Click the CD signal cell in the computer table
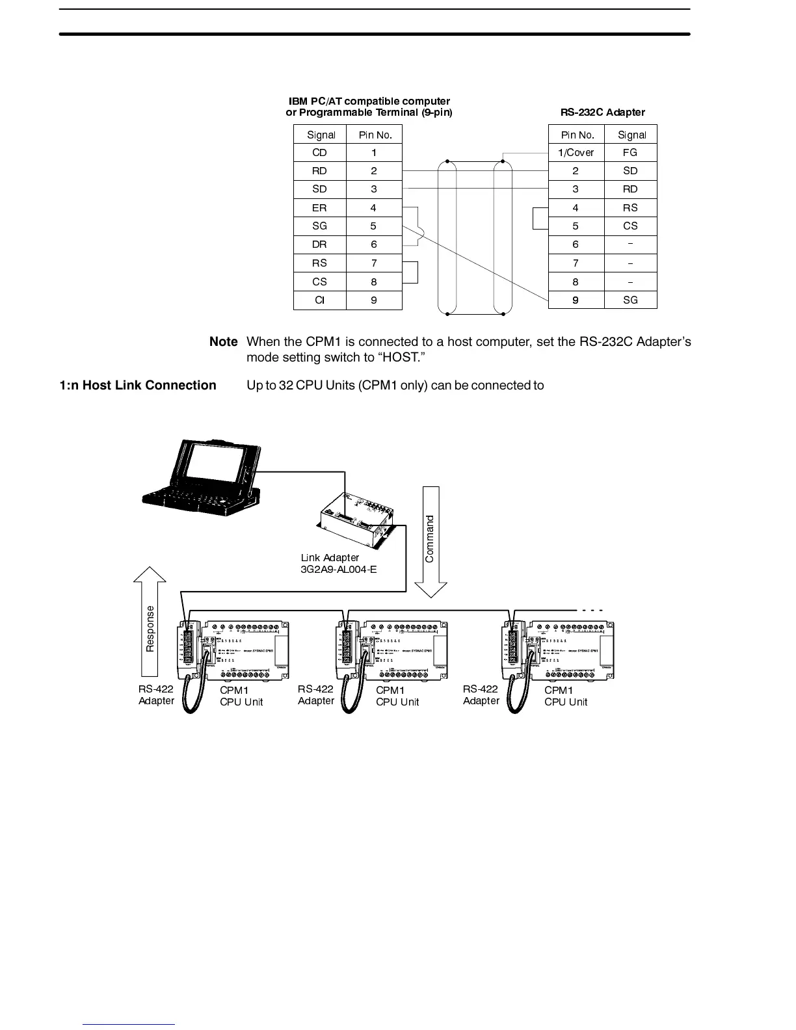319,153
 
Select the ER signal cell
319,208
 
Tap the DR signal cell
319,244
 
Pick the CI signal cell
319,300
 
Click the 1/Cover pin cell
576,153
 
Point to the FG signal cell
630,153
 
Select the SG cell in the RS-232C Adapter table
630,300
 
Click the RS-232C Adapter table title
602,112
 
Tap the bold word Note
223,342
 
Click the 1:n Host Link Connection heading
138,386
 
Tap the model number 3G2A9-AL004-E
339,570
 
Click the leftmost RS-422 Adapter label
156,695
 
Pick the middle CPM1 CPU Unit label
397,696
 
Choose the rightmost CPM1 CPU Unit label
565,696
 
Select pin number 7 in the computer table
374,263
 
